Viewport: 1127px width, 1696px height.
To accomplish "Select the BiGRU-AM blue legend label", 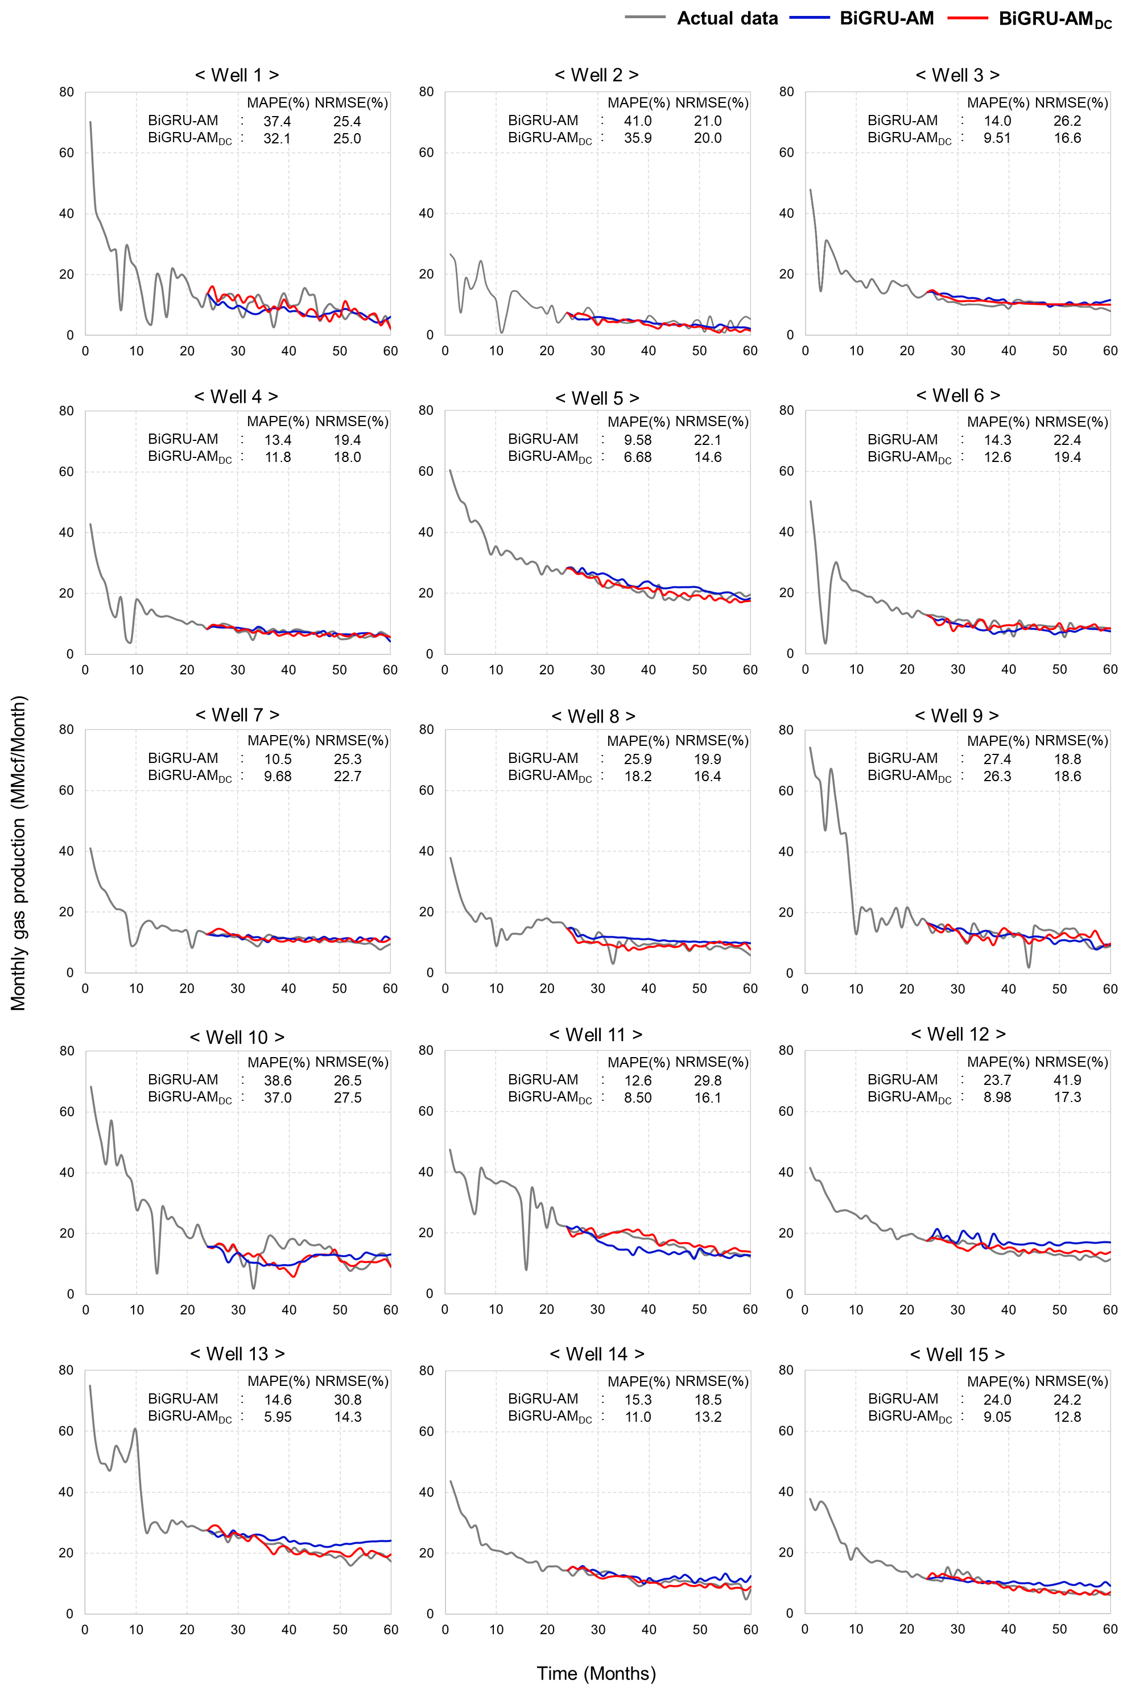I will point(886,18).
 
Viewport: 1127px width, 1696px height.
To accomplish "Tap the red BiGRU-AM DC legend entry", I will point(1054,19).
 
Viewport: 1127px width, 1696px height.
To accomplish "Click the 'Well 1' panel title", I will point(237,75).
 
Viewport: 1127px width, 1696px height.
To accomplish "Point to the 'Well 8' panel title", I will point(594,716).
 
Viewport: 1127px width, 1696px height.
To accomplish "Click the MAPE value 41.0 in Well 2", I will point(638,121).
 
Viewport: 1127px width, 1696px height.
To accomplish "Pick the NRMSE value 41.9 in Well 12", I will point(1067,1080).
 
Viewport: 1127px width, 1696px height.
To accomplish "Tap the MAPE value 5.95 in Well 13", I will point(278,1417).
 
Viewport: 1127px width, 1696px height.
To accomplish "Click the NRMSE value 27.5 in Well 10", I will point(348,1097).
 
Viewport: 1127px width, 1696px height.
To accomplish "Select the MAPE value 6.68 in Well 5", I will point(638,457).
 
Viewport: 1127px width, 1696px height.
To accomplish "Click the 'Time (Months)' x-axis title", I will point(596,1674).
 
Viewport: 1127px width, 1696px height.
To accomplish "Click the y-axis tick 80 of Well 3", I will point(786,92).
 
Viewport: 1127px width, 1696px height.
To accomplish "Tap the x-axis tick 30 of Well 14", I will point(598,1630).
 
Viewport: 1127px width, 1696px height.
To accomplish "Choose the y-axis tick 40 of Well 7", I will point(66,851).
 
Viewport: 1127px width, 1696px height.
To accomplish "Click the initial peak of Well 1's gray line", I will point(90,122).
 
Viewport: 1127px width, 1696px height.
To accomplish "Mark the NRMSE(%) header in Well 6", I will point(1071,422).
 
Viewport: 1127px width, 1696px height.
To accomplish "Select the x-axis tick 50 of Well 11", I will point(699,1309).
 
